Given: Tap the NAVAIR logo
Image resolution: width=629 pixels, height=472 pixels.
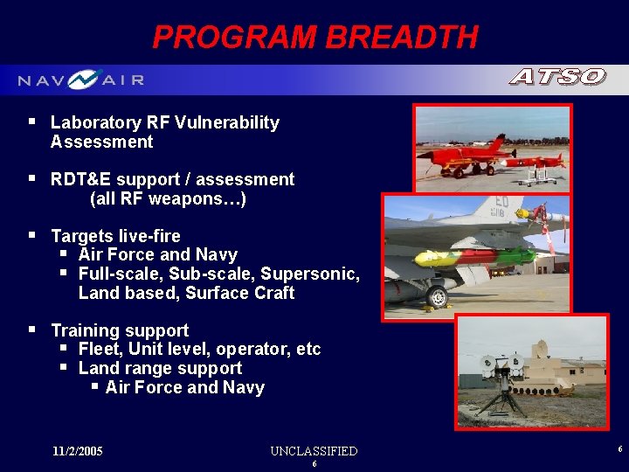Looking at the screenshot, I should coord(81,80).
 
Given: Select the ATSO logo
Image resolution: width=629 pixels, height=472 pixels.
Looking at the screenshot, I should coord(557,78).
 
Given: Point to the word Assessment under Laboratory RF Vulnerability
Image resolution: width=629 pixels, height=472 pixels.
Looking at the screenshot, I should coord(101,142).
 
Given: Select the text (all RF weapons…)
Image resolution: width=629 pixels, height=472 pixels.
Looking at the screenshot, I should coord(168,198).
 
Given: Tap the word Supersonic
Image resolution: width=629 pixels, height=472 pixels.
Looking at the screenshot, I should coord(310,274).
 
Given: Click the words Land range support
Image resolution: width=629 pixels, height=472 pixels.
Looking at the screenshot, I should coord(160,368).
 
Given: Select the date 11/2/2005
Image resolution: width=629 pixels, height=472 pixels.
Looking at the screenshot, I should coord(77,451).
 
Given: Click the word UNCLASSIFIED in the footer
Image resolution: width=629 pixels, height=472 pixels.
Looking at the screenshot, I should coord(314,451).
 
